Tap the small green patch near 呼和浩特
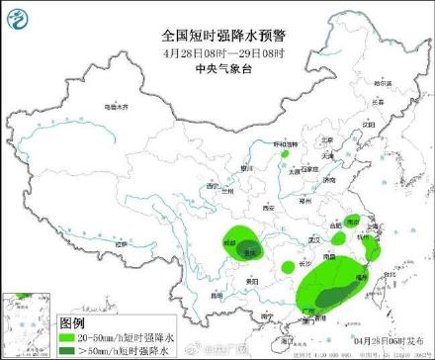[284, 154]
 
